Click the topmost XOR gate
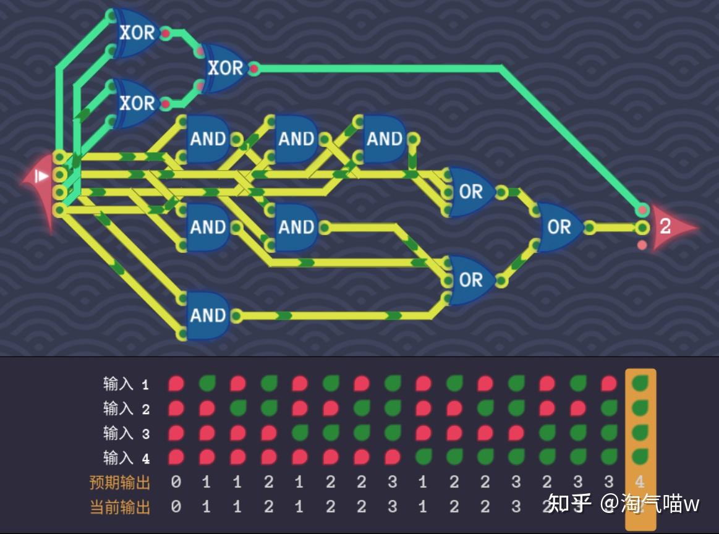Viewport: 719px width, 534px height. point(136,33)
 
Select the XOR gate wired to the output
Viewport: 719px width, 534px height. point(224,68)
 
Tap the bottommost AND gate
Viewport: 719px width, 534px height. point(208,316)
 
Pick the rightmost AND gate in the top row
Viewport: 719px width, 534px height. point(384,139)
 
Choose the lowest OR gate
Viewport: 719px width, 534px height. point(470,280)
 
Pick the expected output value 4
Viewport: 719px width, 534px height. point(640,482)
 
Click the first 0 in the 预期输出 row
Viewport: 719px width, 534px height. point(176,482)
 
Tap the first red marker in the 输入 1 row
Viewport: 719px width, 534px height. point(176,384)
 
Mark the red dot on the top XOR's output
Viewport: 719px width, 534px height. point(166,33)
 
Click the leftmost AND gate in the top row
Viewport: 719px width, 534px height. point(208,139)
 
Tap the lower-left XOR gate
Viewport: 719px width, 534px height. point(136,103)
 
